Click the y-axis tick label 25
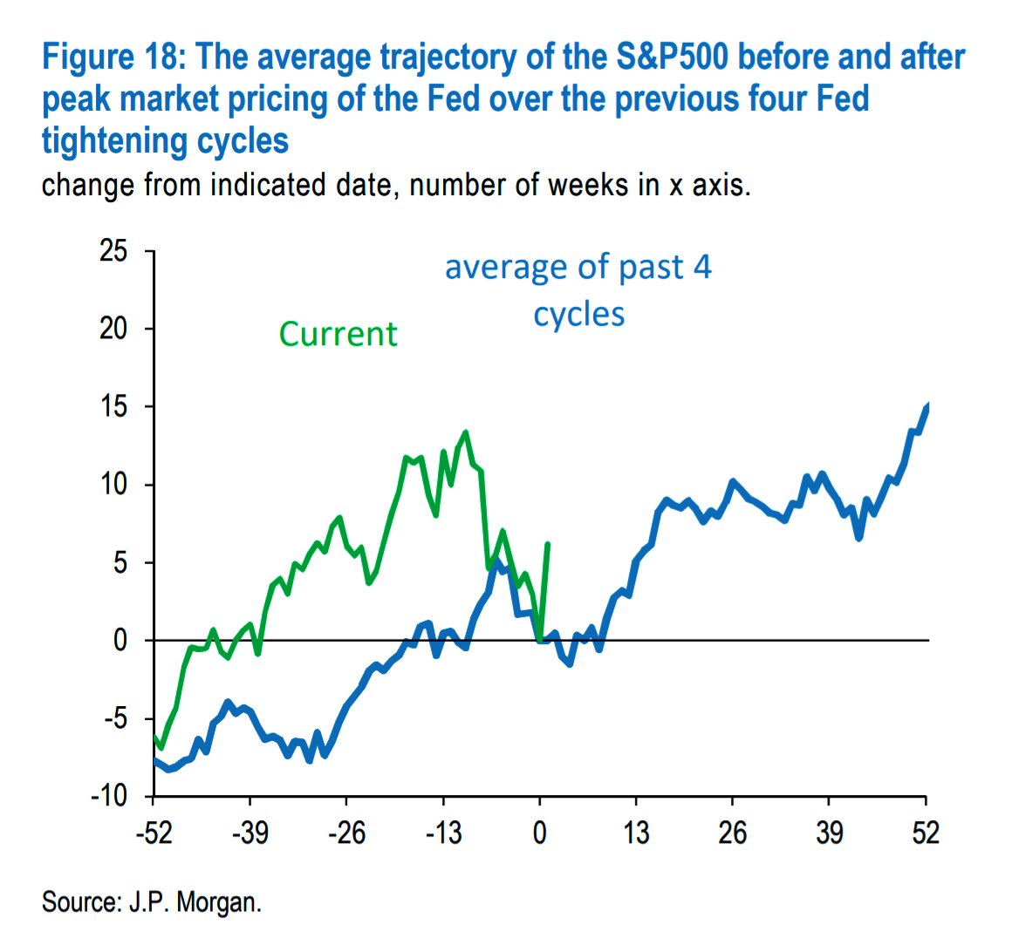[x=114, y=252]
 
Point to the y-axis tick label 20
[x=114, y=330]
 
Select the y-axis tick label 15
[x=114, y=407]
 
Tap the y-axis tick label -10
[x=109, y=796]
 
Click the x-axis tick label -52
[x=153, y=833]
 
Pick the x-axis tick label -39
[x=250, y=833]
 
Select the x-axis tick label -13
[x=442, y=833]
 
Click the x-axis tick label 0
[x=539, y=833]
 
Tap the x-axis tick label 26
[x=732, y=833]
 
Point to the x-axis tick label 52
[x=925, y=833]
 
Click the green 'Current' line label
[x=338, y=335]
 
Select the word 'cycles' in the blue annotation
[x=579, y=315]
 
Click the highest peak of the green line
[x=465, y=432]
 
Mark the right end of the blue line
[x=927, y=406]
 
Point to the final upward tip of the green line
[x=547, y=544]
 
